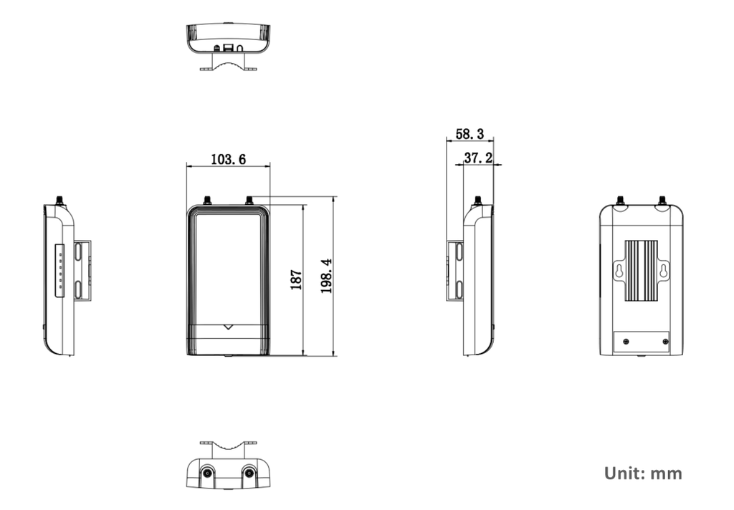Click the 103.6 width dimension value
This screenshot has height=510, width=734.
[x=228, y=159]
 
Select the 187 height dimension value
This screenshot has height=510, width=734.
[x=296, y=279]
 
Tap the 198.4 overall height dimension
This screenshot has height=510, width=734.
[x=326, y=276]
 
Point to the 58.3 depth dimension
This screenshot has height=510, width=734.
[x=470, y=134]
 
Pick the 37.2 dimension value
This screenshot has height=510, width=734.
[x=478, y=158]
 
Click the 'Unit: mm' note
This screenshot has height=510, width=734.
[x=643, y=473]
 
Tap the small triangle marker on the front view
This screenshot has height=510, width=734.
[x=228, y=327]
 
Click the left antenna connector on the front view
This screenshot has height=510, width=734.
[x=207, y=201]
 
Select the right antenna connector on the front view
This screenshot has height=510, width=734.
[x=249, y=201]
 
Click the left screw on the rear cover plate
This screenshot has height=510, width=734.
[x=626, y=342]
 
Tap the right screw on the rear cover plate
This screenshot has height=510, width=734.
[x=666, y=342]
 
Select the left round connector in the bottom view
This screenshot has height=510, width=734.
[x=207, y=473]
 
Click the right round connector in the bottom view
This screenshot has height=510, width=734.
[x=249, y=473]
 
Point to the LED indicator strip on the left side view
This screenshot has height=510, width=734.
[x=59, y=271]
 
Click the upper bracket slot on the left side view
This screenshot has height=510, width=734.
[x=77, y=253]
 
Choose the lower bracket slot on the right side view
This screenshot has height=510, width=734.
[x=459, y=289]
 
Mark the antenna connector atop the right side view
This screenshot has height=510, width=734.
[x=477, y=201]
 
